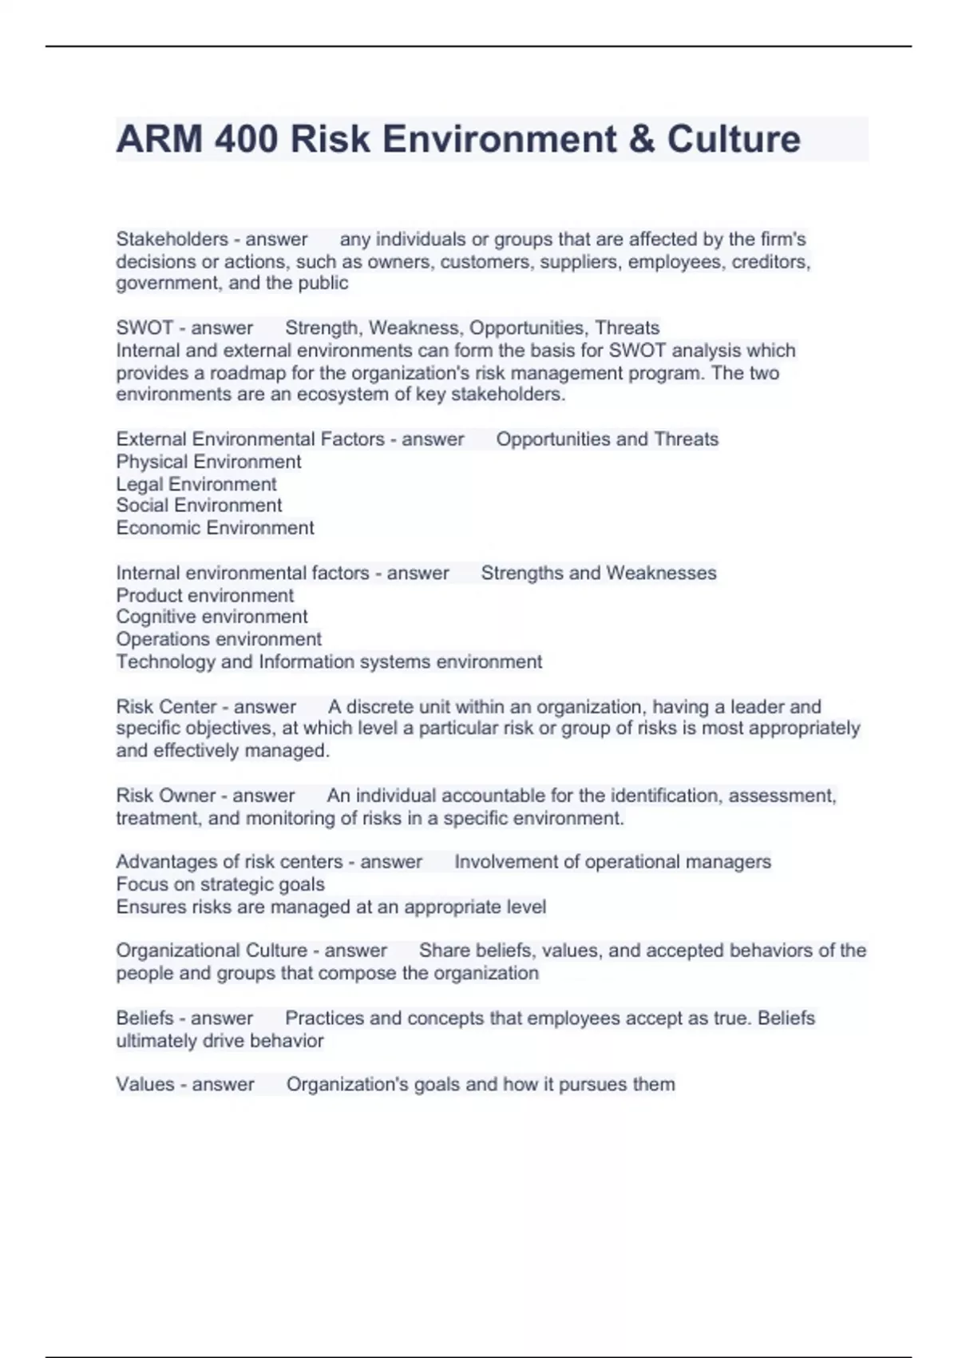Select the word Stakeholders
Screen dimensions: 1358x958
click(172, 239)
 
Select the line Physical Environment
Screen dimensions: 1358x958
click(208, 462)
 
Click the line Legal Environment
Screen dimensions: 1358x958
click(196, 484)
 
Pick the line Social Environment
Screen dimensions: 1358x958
click(199, 506)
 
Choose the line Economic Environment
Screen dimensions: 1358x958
click(215, 528)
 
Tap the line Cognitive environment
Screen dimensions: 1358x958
click(212, 617)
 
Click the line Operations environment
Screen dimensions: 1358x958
click(219, 639)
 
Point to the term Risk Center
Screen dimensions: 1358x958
click(166, 707)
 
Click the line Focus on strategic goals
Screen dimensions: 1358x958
click(220, 884)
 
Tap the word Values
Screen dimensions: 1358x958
click(144, 1084)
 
